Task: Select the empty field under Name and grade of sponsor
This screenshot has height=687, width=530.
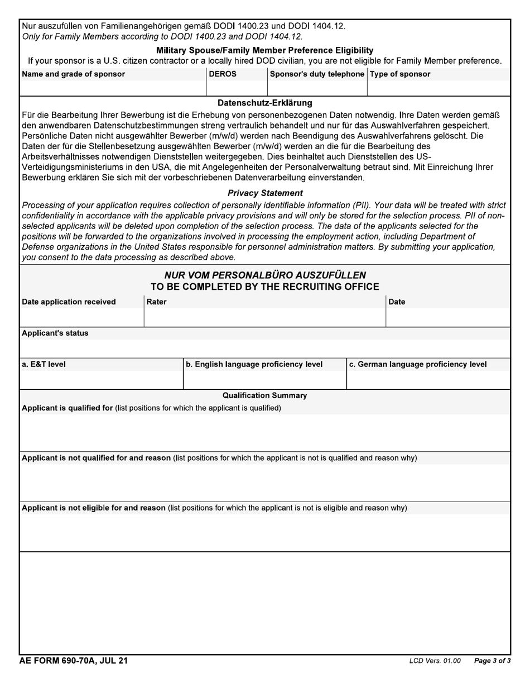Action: pos(113,88)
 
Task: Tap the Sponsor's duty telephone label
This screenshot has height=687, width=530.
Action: pos(317,74)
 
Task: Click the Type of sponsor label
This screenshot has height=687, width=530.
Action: pos(400,74)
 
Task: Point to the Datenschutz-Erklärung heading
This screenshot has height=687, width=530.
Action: pos(265,103)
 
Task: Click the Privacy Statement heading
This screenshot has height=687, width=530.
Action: pos(265,193)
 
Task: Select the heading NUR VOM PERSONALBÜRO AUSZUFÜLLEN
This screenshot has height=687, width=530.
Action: pos(265,275)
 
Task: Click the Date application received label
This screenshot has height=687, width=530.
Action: pos(69,302)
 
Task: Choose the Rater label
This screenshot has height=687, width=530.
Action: pos(156,302)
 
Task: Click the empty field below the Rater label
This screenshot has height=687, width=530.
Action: pos(264,317)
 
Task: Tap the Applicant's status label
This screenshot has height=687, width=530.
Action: pos(55,333)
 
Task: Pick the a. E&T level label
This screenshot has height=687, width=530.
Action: pos(44,364)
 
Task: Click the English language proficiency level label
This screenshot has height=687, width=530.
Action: pos(254,364)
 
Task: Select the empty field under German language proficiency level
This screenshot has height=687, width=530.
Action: pos(428,380)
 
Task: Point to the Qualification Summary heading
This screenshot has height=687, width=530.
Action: pos(265,395)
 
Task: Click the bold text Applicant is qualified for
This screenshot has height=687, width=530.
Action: pos(68,408)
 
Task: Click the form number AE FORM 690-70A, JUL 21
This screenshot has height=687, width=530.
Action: pos(74,661)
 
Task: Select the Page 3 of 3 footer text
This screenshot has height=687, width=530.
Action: pos(492,661)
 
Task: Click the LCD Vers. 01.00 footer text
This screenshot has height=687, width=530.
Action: pos(435,661)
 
